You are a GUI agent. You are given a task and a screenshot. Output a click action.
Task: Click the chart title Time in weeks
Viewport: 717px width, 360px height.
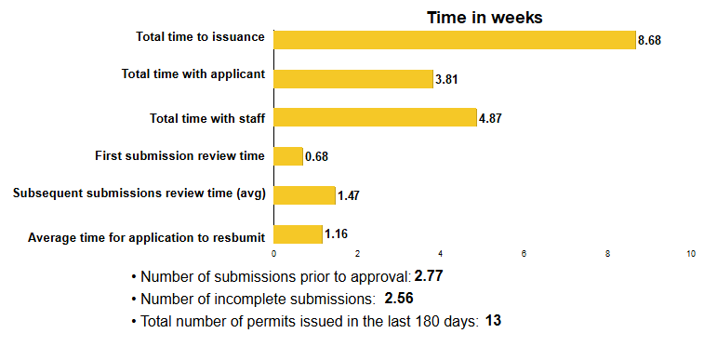(x=485, y=18)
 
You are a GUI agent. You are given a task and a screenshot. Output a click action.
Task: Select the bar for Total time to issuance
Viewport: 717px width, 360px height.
(x=455, y=39)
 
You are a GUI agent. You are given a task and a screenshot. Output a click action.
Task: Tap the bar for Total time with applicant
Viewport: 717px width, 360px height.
(x=353, y=78)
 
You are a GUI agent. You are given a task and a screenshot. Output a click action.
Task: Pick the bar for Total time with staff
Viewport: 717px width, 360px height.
(x=375, y=117)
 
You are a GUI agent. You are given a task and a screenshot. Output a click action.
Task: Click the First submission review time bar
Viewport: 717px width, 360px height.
(x=288, y=156)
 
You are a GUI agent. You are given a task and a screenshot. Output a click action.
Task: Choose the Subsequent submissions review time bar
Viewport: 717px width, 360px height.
(x=304, y=195)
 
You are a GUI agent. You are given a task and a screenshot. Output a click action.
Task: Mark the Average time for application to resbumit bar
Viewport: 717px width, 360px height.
(x=298, y=234)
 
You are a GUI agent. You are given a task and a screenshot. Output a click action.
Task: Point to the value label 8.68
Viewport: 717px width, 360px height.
(x=649, y=41)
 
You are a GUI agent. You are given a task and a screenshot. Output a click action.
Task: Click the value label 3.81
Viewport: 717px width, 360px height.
(x=446, y=80)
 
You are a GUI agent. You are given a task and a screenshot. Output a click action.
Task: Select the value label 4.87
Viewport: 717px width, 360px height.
(x=490, y=119)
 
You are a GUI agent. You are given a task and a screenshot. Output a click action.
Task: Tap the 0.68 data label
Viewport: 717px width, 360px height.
(x=316, y=157)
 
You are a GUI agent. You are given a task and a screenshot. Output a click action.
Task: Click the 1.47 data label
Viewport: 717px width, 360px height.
(x=349, y=197)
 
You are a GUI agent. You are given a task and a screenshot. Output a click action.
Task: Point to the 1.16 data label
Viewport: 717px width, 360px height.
(x=336, y=235)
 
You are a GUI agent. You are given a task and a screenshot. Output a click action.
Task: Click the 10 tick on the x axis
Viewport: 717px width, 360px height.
(x=691, y=254)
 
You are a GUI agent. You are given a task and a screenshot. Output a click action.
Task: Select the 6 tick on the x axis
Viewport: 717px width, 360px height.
(x=524, y=254)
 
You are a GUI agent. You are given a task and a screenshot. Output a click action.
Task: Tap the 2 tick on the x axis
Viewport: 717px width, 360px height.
(x=357, y=254)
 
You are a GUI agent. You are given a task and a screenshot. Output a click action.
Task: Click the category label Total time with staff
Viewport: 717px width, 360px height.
(x=208, y=118)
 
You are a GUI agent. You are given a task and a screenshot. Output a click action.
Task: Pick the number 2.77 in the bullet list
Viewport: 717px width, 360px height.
(x=429, y=276)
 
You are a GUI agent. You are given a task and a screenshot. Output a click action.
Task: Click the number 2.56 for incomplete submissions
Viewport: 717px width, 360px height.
(x=398, y=299)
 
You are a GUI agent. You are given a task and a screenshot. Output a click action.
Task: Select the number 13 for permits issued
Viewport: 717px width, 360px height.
(x=493, y=321)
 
